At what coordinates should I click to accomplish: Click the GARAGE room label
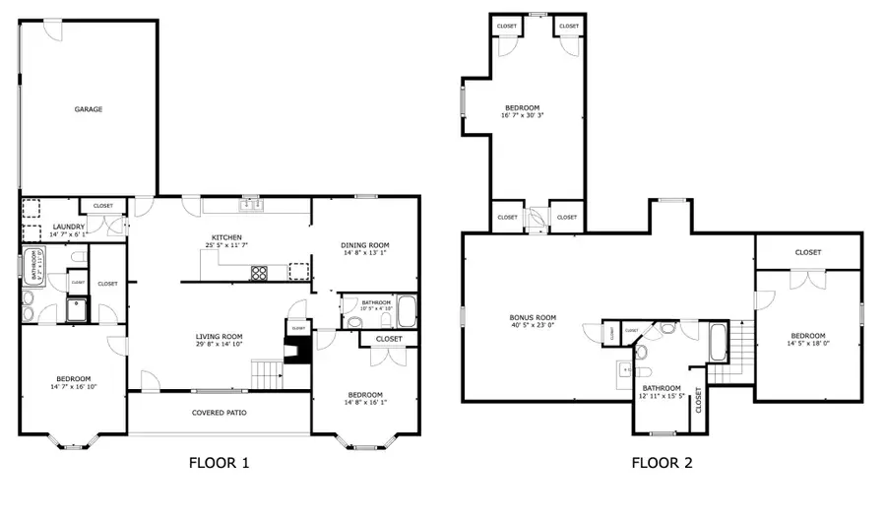[89, 109]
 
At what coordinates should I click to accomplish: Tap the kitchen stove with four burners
[260, 273]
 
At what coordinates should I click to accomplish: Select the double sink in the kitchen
[251, 206]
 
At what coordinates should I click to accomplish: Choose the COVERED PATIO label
[219, 413]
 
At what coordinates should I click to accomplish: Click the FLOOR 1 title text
[219, 462]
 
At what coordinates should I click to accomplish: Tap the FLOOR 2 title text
[661, 462]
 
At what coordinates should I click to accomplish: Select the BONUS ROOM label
[533, 318]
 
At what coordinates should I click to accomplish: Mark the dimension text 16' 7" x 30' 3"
[524, 115]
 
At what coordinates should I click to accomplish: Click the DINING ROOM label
[365, 245]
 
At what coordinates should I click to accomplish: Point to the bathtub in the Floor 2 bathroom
[720, 344]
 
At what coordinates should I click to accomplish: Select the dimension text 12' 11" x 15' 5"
[661, 397]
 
